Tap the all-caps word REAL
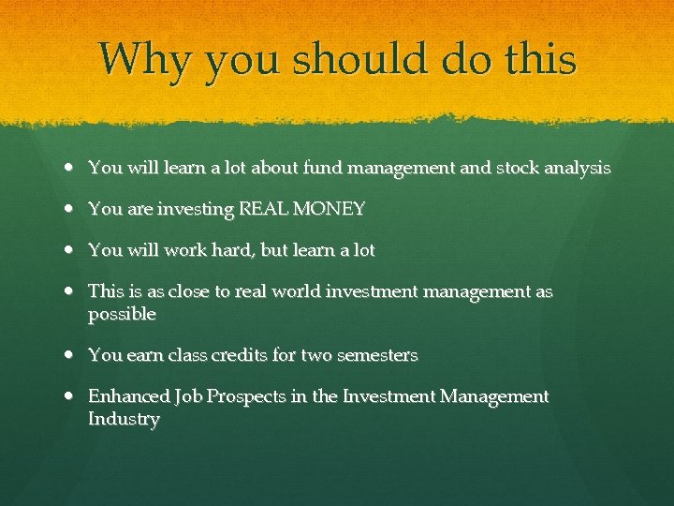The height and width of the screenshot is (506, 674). click(261, 210)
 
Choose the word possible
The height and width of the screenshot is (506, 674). click(122, 316)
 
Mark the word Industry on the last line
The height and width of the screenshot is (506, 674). click(124, 420)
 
